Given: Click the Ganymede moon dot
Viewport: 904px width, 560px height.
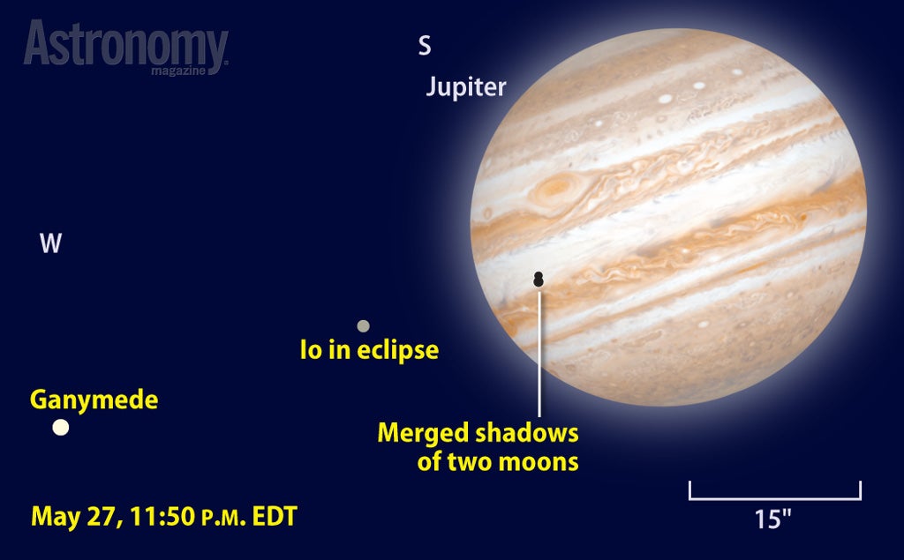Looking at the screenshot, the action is click(x=61, y=428).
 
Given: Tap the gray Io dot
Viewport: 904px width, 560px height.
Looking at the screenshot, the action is click(x=363, y=326).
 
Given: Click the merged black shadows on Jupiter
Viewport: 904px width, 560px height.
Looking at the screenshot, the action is click(x=539, y=279).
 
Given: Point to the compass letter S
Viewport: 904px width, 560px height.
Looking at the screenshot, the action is click(x=425, y=46).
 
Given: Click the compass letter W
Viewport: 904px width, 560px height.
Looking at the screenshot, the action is click(x=50, y=243).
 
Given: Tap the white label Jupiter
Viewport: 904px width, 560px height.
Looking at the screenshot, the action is click(x=466, y=87).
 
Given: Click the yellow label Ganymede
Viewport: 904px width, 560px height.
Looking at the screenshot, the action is click(x=94, y=399).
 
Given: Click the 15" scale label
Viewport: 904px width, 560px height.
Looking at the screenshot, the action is click(x=773, y=519).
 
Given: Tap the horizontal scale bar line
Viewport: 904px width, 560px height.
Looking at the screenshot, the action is click(x=775, y=498).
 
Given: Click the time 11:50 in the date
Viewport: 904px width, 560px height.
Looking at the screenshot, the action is click(x=162, y=516).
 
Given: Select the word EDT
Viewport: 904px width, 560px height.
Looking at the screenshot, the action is click(x=275, y=516).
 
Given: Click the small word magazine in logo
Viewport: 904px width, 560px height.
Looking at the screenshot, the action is click(x=178, y=71).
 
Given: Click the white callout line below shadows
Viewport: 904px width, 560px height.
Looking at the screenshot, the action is click(x=539, y=353).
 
